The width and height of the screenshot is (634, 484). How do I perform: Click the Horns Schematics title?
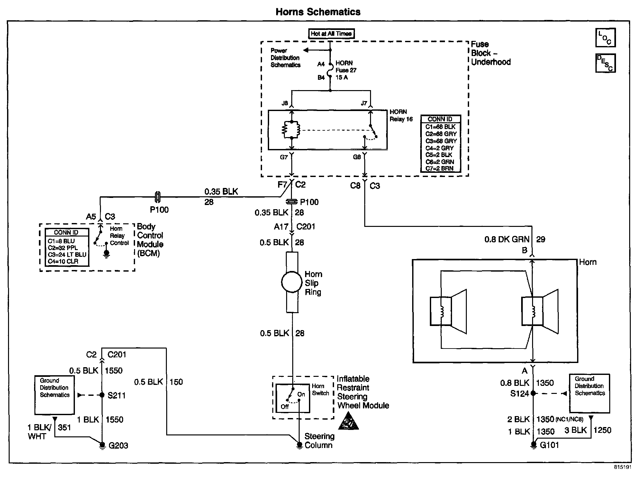pyautogui.click(x=318, y=12)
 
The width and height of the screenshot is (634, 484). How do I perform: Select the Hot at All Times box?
pyautogui.click(x=331, y=34)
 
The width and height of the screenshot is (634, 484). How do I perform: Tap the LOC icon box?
pyautogui.click(x=605, y=38)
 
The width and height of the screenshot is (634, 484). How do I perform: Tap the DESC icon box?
pyautogui.click(x=605, y=63)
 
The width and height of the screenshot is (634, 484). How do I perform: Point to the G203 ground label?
pyautogui.click(x=118, y=446)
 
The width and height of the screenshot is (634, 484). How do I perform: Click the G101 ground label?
pyautogui.click(x=549, y=445)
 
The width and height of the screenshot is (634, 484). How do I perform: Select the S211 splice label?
pyautogui.click(x=116, y=395)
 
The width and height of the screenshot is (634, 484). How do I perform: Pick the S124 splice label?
pyautogui.click(x=520, y=394)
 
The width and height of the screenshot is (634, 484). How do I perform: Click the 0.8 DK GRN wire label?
pyautogui.click(x=507, y=239)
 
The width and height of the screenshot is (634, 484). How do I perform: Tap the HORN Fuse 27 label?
pyautogui.click(x=346, y=67)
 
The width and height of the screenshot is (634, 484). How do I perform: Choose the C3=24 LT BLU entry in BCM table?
pyautogui.click(x=67, y=255)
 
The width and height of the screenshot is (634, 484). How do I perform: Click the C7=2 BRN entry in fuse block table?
pyautogui.click(x=439, y=168)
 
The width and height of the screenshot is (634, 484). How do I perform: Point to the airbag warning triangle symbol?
pyautogui.click(x=349, y=422)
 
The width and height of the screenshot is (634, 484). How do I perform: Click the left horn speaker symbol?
pyautogui.click(x=448, y=311)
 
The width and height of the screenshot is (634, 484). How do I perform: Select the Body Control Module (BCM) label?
pyautogui.click(x=150, y=240)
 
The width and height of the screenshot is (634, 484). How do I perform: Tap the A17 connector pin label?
pyautogui.click(x=281, y=227)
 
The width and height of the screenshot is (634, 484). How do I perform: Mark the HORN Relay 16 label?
pyautogui.click(x=401, y=116)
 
